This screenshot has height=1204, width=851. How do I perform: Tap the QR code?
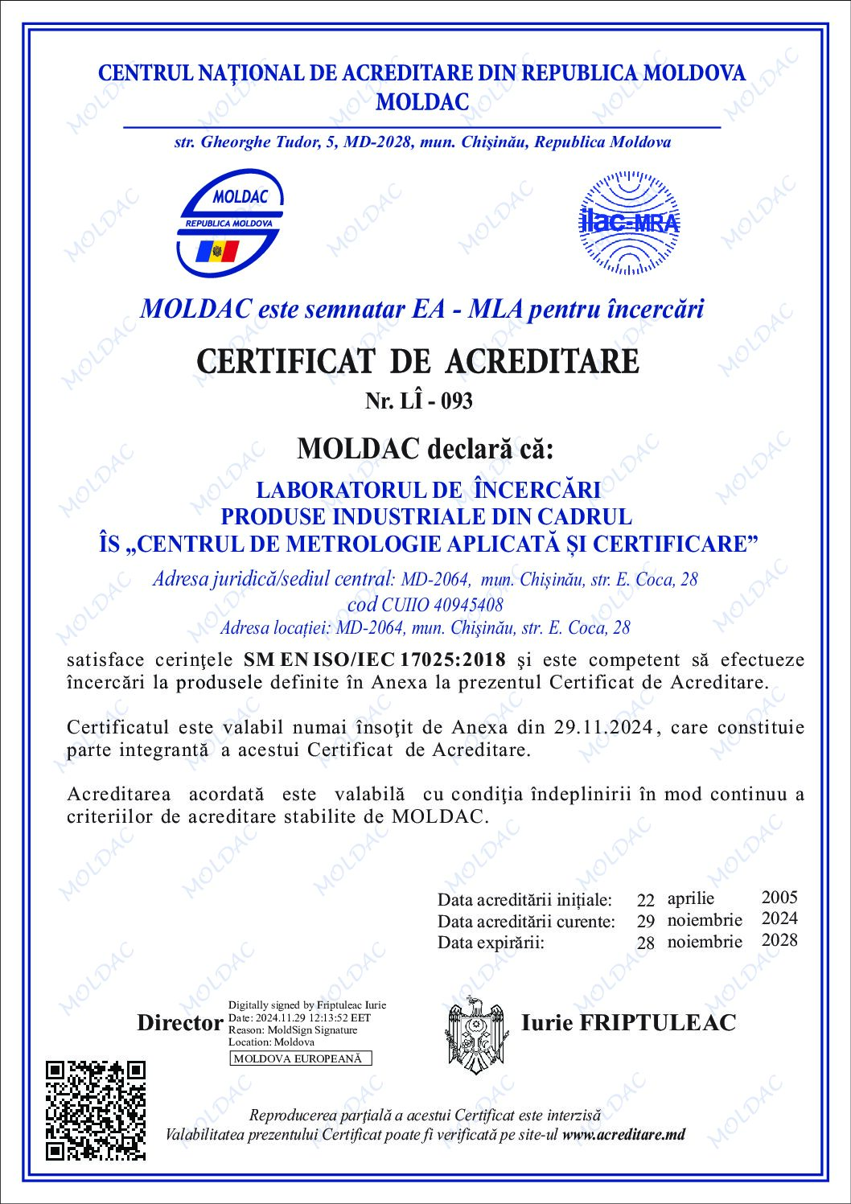tap(96, 1109)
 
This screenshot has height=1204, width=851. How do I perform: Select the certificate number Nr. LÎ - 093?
tap(418, 401)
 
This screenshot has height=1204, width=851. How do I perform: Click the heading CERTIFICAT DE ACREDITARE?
tap(417, 361)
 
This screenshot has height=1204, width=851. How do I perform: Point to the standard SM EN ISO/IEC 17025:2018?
tap(375, 660)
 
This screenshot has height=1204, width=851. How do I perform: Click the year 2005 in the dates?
tap(779, 898)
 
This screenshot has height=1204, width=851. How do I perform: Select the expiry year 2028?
tap(779, 940)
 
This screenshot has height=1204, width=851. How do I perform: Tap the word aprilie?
tap(690, 898)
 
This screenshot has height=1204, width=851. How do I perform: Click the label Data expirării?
tap(491, 943)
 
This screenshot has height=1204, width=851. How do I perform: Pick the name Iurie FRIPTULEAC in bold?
tap(628, 1022)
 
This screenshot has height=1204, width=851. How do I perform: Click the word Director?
tap(179, 1023)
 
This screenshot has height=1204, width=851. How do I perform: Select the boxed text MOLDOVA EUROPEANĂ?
tap(300, 1058)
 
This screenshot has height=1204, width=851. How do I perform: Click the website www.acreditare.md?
tap(624, 1135)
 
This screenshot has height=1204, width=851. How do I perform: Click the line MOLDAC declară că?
tap(425, 449)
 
